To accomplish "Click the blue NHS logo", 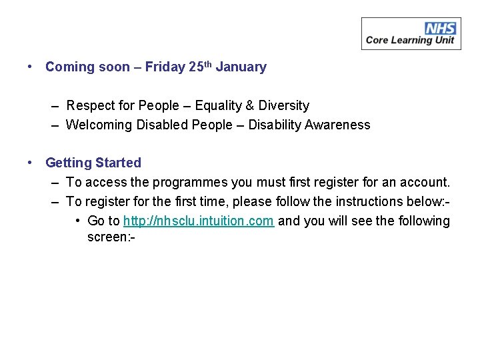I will coord(441,28).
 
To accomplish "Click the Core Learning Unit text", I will coord(410,40).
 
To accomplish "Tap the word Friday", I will coord(165,67).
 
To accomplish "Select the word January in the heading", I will coord(241,67).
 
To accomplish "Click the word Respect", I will coord(89,105).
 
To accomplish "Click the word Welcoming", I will coord(99,125).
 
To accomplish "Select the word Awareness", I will coord(338,125).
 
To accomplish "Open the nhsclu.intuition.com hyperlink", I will coord(199,221).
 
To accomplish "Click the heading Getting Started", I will coord(93,163).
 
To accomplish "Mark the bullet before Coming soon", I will coord(30,67).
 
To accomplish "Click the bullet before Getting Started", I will coord(30,163).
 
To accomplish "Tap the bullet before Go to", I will coord(78,221).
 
